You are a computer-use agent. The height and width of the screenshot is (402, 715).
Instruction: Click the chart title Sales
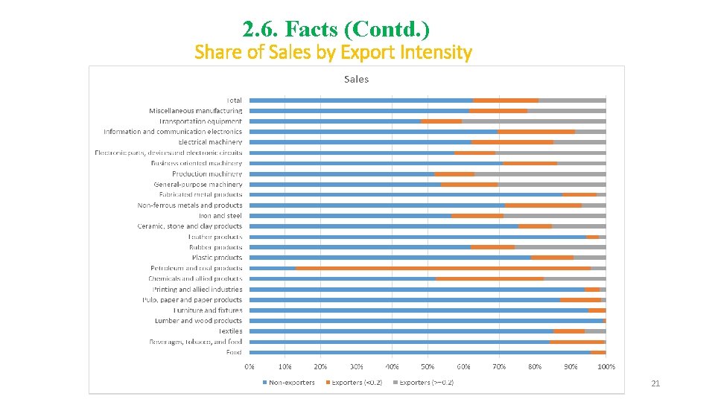coord(356,79)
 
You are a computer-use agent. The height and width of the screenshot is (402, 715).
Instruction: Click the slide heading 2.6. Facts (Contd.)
coord(336,29)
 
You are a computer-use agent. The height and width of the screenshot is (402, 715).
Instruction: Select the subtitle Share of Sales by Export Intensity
coord(333,53)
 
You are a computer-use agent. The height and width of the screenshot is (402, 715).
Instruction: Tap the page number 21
coord(655,383)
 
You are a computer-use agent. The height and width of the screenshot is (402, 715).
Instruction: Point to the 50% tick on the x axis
coord(428,366)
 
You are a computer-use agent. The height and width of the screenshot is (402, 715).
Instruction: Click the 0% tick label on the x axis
coord(250,366)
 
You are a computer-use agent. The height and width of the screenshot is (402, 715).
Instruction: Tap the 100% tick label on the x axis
coord(606,366)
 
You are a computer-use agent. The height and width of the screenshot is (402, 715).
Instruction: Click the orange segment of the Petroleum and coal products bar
coord(443,268)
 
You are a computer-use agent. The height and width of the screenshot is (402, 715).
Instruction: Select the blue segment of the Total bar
coord(361,100)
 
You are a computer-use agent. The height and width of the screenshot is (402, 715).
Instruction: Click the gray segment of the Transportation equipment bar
coord(533,121)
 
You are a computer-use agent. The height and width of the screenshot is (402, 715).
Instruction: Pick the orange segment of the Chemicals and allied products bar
coord(489,278)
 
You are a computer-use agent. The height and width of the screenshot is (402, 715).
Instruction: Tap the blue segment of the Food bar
coord(420,352)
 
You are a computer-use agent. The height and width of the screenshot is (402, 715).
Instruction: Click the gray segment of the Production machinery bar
coord(540,173)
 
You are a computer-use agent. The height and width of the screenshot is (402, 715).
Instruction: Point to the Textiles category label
coord(230,331)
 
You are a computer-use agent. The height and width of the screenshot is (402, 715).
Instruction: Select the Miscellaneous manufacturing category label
coord(195,111)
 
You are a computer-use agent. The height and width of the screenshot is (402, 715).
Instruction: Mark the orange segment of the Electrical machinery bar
coord(512,142)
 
